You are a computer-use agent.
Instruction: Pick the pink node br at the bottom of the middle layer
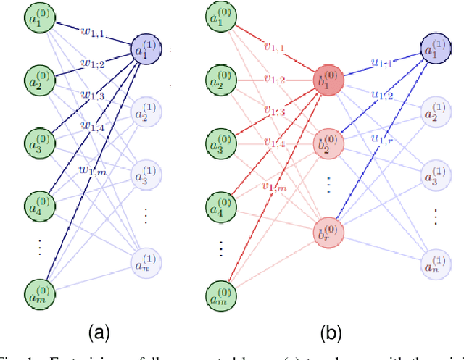click(326, 233)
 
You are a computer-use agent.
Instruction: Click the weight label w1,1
click(91, 33)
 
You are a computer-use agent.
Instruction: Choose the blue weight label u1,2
click(382, 94)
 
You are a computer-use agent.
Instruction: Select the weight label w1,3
click(91, 96)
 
